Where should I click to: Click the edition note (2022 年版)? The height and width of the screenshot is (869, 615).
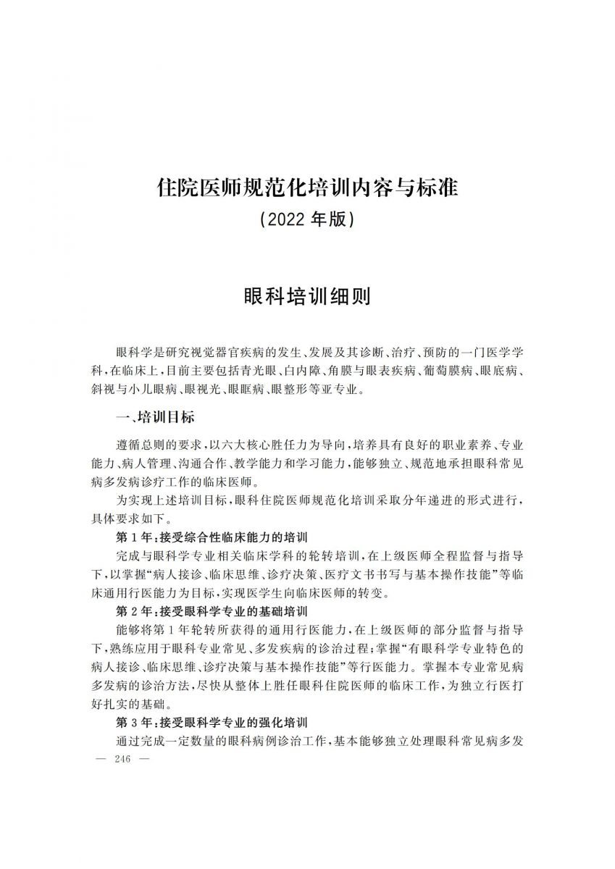coord(307,219)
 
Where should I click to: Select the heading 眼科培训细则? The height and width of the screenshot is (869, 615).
coord(307,296)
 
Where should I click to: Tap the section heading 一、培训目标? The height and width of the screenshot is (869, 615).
coord(156,418)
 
